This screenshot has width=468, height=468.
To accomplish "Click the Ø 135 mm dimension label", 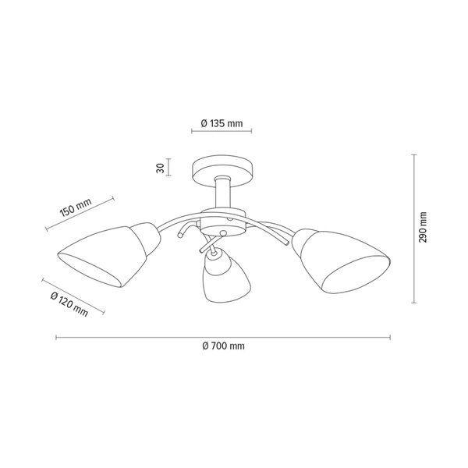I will [x=222, y=124].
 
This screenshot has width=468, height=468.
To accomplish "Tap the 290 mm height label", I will [x=424, y=227].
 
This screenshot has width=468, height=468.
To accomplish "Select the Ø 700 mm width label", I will [x=222, y=346].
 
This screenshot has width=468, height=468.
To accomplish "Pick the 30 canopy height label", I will [x=159, y=168].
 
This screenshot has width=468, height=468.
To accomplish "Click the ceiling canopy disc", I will [x=222, y=167].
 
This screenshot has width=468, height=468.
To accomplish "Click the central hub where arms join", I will [x=223, y=222].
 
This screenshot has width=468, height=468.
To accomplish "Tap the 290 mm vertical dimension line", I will [x=413, y=227].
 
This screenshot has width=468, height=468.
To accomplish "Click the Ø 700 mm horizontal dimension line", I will [x=222, y=337].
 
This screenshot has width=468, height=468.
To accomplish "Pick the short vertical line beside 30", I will [x=170, y=168].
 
